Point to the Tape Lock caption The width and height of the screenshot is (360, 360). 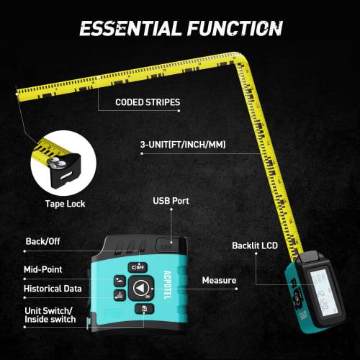pyautogui.click(x=65, y=204)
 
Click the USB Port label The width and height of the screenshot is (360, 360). pyautogui.click(x=171, y=201)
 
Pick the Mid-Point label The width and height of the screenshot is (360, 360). pyautogui.click(x=43, y=269)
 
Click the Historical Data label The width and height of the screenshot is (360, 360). pyautogui.click(x=52, y=289)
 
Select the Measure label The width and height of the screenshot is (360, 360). pyautogui.click(x=220, y=279)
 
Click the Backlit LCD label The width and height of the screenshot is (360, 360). pyautogui.click(x=254, y=244)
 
